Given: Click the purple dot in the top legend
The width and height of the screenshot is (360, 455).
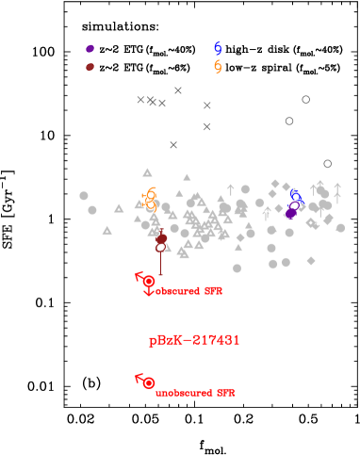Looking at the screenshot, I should (x=90, y=49).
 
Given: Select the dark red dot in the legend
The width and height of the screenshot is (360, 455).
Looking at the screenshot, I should (x=90, y=67).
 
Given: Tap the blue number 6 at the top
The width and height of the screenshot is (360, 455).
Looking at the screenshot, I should (x=218, y=48).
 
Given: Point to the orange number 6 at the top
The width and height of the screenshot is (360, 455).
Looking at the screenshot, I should (x=218, y=67).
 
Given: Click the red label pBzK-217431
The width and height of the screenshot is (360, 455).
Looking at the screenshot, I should (x=194, y=340).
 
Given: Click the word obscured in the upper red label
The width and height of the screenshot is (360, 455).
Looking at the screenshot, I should (x=178, y=292).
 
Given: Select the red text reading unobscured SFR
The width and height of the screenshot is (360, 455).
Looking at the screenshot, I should (x=195, y=393).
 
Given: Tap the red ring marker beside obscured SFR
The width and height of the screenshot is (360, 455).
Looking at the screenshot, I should (x=149, y=281).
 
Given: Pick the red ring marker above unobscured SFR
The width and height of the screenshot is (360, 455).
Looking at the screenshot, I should (x=149, y=382).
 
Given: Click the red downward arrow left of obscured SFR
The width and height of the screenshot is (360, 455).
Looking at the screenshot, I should (x=148, y=293).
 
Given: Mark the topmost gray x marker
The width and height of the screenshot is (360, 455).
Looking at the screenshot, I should (x=178, y=90).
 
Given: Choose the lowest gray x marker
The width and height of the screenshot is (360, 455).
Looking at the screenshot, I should (x=173, y=145).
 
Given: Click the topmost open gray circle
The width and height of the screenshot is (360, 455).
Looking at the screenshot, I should (x=305, y=99).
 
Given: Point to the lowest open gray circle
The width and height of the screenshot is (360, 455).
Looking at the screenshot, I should (x=327, y=164).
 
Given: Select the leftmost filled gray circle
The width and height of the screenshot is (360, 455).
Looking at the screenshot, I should (x=84, y=196).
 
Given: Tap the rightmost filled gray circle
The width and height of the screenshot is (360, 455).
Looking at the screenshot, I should (x=340, y=227).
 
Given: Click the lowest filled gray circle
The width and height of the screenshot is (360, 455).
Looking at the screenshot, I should (x=237, y=268).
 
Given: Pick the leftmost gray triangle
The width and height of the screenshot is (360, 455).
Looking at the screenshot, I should (x=106, y=230).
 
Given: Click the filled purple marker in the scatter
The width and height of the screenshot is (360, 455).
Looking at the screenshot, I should (x=291, y=213).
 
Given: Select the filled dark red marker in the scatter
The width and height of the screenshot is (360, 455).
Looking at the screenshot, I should (x=161, y=239).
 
